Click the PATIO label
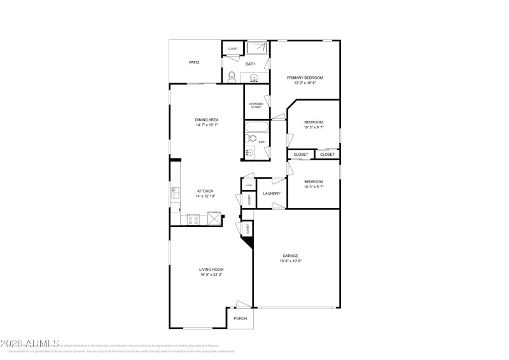[x=194, y=62]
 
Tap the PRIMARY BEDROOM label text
[x=305, y=78]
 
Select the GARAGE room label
[x=290, y=256]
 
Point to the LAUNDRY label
[x=272, y=193]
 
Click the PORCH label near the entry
[x=241, y=319]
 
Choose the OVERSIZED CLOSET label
[x=256, y=106]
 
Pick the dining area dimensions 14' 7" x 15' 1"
[x=207, y=125]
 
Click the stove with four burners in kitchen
[x=194, y=219]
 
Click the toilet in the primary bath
[x=232, y=77]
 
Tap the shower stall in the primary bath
[x=258, y=49]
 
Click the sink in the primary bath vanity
[x=254, y=78]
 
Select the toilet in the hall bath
[x=251, y=138]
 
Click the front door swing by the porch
[x=241, y=305]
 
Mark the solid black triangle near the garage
[x=249, y=241]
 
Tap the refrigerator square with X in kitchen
[x=216, y=219]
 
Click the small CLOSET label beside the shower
[x=233, y=48]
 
